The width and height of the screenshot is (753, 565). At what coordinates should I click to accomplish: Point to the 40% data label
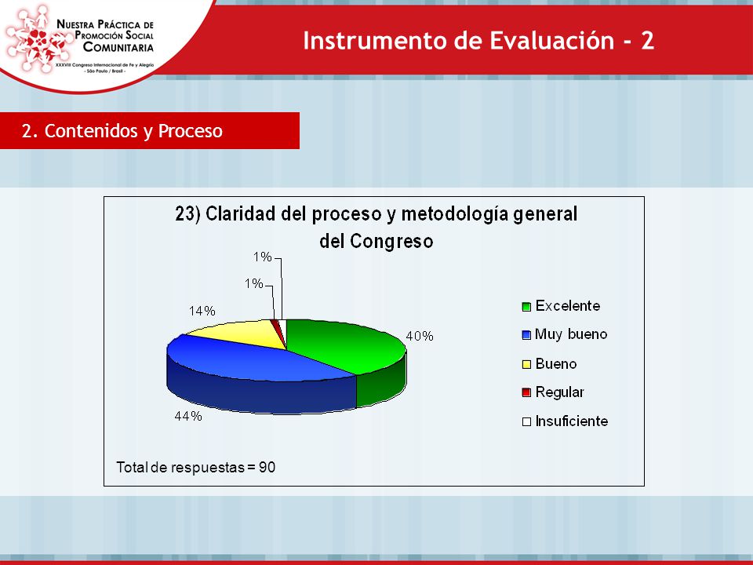pyautogui.click(x=420, y=337)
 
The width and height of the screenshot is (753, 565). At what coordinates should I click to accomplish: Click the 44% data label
pyautogui.click(x=188, y=416)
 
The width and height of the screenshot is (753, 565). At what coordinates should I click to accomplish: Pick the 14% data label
pyautogui.click(x=202, y=312)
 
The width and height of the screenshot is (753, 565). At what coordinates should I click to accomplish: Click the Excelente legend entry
pyautogui.click(x=561, y=306)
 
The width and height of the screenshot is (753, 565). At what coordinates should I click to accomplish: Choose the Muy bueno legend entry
pyautogui.click(x=565, y=334)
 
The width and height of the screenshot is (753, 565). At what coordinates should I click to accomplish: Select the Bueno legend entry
pyautogui.click(x=549, y=363)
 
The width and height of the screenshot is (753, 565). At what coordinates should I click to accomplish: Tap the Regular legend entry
pyautogui.click(x=553, y=392)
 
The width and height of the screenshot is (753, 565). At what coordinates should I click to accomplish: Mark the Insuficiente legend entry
pyautogui.click(x=566, y=421)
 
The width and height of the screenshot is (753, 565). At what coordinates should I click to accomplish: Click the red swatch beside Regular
pyautogui.click(x=526, y=392)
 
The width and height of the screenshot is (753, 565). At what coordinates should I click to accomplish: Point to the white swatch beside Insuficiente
pyautogui.click(x=526, y=422)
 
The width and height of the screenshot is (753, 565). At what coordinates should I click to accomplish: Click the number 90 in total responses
pyautogui.click(x=267, y=468)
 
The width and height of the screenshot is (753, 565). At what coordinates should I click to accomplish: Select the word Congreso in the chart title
pyautogui.click(x=391, y=241)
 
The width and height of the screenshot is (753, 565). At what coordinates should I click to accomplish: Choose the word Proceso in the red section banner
pyautogui.click(x=190, y=131)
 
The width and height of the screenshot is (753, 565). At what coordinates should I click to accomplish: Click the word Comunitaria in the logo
pyautogui.click(x=118, y=47)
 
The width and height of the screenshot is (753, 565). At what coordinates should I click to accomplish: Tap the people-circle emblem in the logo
pyautogui.click(x=38, y=38)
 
